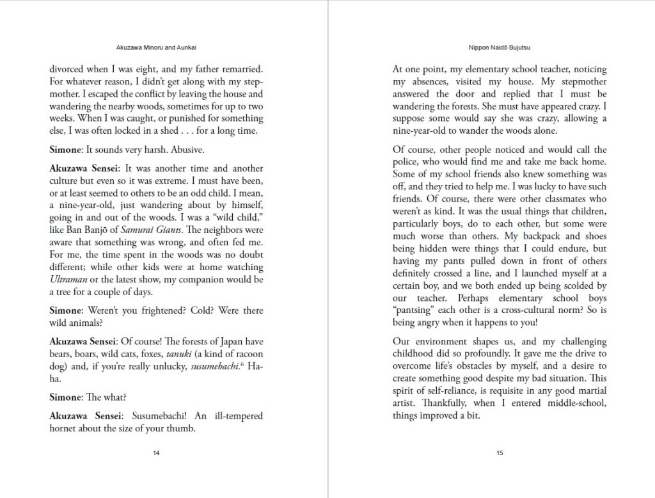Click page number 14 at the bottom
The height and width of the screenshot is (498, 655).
pyautogui.click(x=156, y=453)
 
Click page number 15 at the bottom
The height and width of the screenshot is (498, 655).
pyautogui.click(x=500, y=453)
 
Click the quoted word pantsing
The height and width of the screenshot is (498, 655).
pyautogui.click(x=416, y=310)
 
